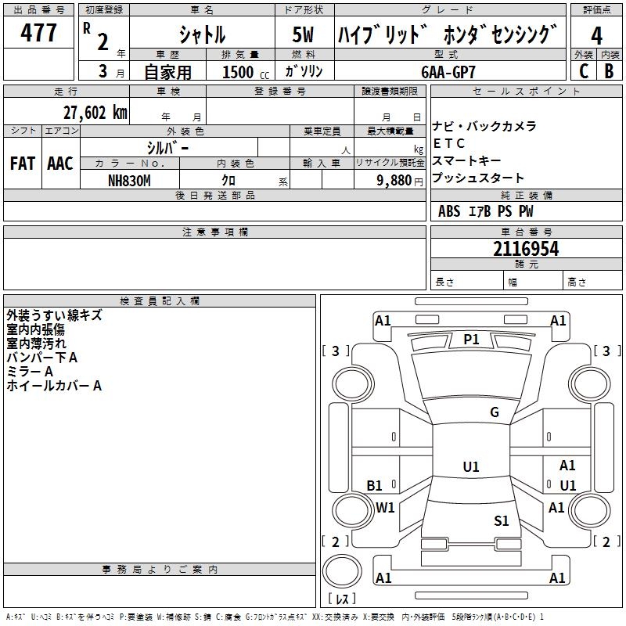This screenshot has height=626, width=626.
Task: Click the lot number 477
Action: coord(38,33)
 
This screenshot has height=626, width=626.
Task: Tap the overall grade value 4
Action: coord(596,35)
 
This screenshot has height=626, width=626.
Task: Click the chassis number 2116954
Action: coord(526,249)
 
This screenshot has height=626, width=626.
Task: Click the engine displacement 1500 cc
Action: coord(239,72)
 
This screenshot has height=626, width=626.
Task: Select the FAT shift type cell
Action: coord(23,164)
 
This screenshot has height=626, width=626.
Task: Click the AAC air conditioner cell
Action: coord(60,164)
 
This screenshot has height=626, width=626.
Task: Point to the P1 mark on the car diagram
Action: coord(471,339)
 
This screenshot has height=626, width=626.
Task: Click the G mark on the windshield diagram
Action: coord(495,412)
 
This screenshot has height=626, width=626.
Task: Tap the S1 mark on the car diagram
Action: coord(502,521)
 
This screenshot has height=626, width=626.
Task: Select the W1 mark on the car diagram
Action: coord(385,508)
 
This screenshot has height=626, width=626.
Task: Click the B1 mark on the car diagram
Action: coord(375,486)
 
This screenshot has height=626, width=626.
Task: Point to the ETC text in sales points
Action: coord(449,143)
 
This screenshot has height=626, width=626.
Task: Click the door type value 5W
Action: coord(303,35)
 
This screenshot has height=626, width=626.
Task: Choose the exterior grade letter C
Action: coord(583,71)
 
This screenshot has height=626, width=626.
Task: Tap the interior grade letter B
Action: coord(609,71)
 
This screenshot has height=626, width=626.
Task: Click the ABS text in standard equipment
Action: coord(449,211)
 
